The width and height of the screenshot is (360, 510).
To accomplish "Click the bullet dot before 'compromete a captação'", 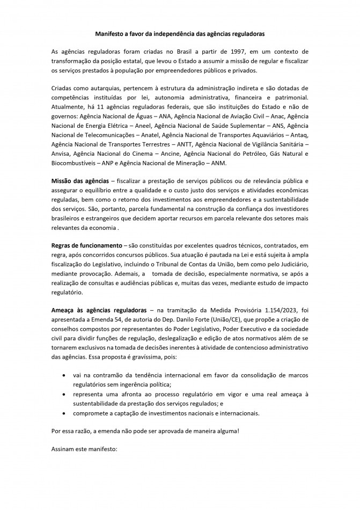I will click(x=65, y=413).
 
